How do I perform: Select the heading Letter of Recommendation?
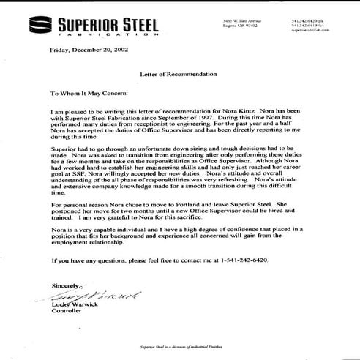[179, 75]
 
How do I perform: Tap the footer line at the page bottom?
[179, 347]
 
